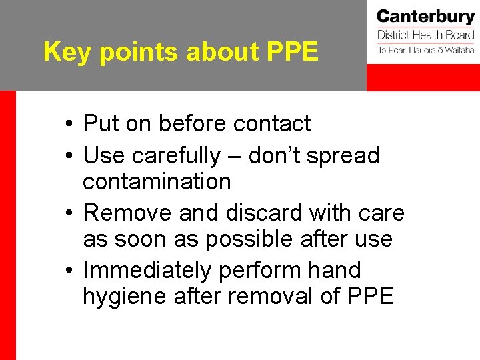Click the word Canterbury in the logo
[425, 16]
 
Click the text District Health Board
[425, 35]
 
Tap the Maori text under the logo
[425, 50]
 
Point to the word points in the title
[135, 52]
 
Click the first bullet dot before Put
[69, 125]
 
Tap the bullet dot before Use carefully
[69, 157]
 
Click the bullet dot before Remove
[69, 214]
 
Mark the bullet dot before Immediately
[69, 271]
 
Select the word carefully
[176, 156]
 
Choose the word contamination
[157, 181]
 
